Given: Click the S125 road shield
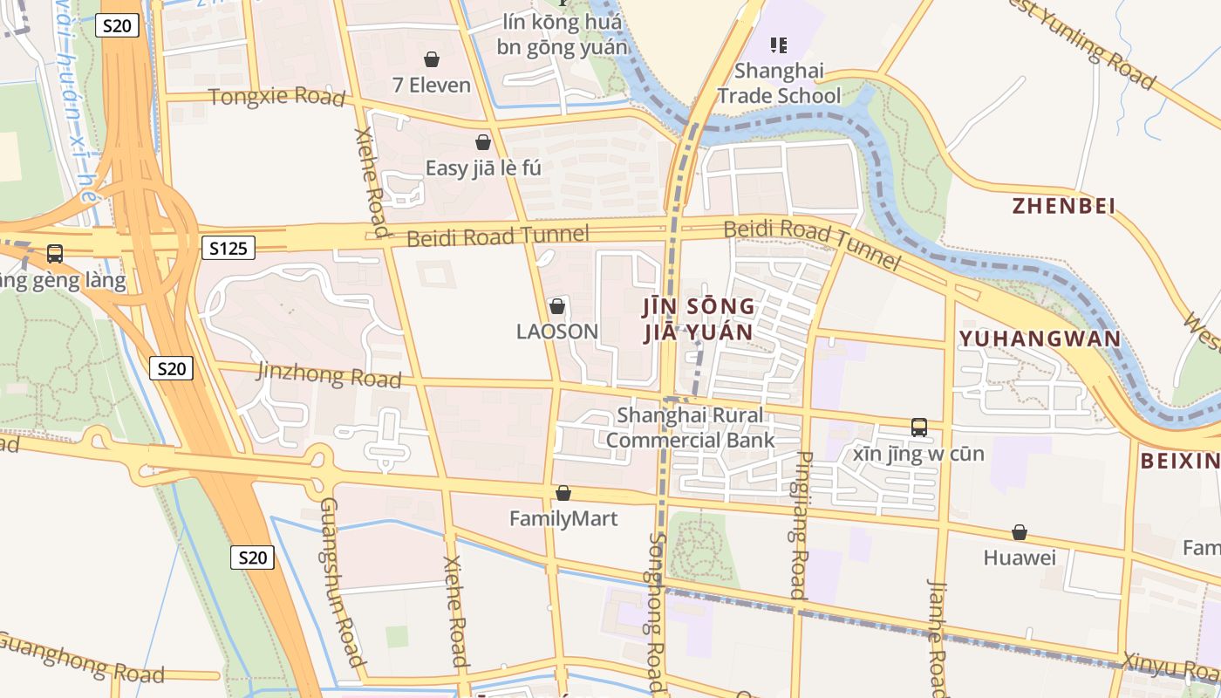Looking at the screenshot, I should click(x=229, y=249).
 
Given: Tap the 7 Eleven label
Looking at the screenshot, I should click(x=432, y=86).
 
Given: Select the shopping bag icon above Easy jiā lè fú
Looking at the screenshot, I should click(x=482, y=142).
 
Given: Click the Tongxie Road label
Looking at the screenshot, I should click(x=276, y=96).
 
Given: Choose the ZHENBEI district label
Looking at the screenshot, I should click(x=1064, y=206).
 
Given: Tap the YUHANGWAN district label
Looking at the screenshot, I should click(x=1040, y=339).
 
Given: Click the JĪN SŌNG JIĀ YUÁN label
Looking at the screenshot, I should click(x=699, y=319).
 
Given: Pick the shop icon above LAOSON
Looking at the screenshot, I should click(x=557, y=306).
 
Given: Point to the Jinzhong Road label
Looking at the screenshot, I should click(x=329, y=374).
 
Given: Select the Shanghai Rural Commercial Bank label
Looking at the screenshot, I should click(x=690, y=428).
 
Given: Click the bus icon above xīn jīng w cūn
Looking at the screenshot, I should click(x=918, y=427).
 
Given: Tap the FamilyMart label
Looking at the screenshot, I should click(x=563, y=519).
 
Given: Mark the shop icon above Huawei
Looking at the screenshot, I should click(x=1019, y=532).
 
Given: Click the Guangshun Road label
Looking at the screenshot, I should click(x=341, y=582).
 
